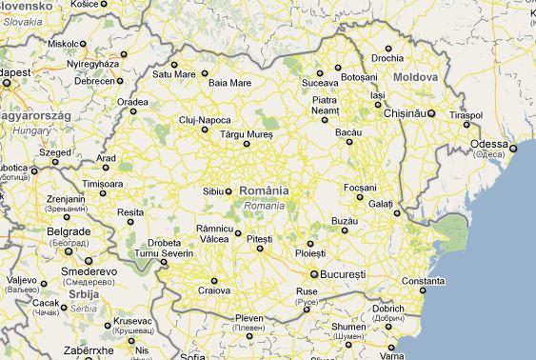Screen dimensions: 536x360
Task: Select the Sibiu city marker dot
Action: point(229,190)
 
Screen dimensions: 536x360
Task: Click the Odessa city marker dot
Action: point(513,149)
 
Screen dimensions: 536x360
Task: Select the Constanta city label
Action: point(423,281)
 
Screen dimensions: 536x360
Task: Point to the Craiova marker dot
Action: point(215,280)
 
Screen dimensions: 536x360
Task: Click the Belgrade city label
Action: point(69,231)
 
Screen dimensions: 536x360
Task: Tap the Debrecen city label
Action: point(95,81)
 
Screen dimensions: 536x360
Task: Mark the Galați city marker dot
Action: point(396,213)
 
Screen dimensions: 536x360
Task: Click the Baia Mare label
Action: point(229,83)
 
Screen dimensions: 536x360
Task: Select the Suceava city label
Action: point(320,83)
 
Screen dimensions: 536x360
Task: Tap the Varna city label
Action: point(393,355)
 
